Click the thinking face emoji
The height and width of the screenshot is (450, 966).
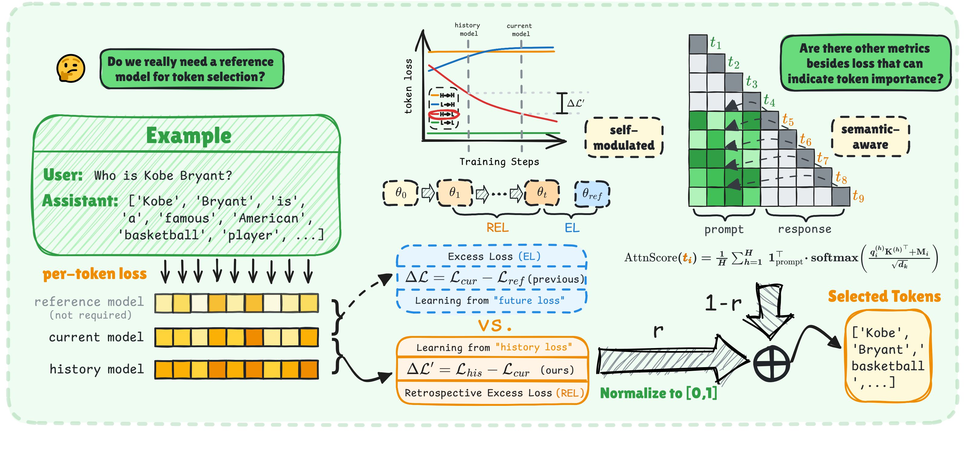click(71, 69)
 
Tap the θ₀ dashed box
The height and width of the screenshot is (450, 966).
click(400, 193)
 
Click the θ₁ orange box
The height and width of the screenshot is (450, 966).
click(455, 193)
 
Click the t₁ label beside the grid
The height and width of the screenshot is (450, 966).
click(715, 43)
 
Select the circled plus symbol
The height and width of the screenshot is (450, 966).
click(771, 364)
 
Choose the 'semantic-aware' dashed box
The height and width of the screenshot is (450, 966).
click(870, 137)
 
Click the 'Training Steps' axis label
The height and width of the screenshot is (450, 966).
click(499, 162)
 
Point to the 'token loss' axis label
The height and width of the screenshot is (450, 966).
click(408, 86)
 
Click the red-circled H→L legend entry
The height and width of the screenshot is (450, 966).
click(444, 114)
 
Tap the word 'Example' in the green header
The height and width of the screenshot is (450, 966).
click(189, 136)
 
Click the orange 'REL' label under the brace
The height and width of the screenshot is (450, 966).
click(497, 227)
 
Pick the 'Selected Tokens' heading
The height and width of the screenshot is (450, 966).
click(884, 296)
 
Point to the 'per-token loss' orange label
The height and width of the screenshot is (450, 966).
click(94, 274)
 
